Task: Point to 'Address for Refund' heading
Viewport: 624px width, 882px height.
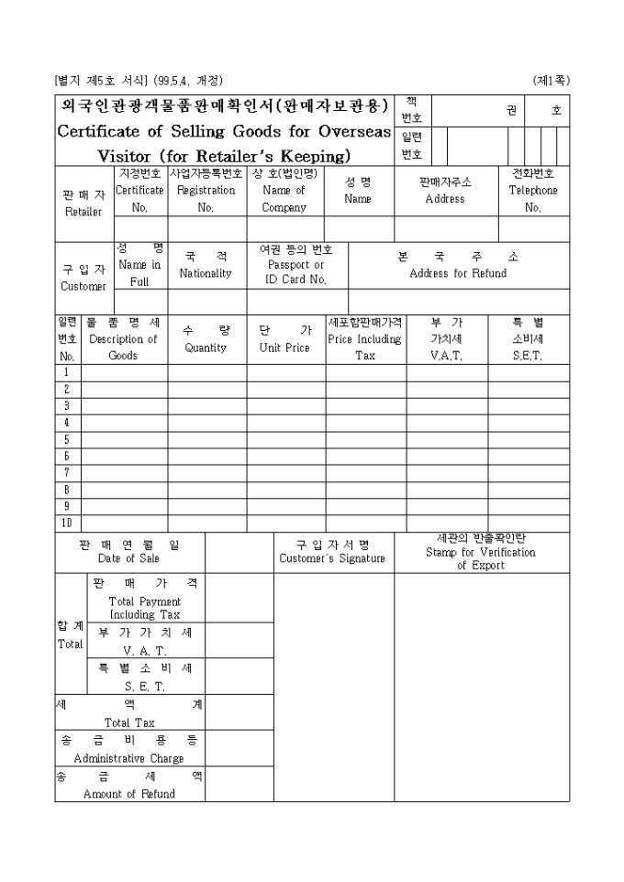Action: point(458,273)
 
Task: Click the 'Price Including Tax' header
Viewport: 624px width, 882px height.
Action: point(365,339)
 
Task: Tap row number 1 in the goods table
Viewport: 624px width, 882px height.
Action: point(67,373)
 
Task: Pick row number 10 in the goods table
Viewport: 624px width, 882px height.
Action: point(67,523)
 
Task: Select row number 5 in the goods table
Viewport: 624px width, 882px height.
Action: point(67,439)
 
